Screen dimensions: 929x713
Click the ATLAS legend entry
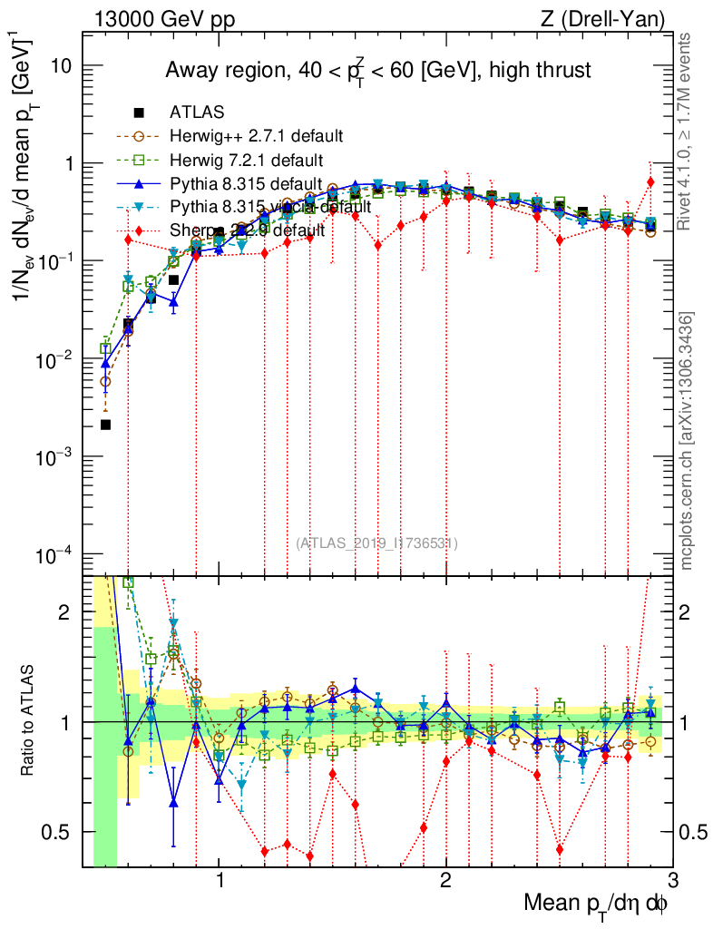198,113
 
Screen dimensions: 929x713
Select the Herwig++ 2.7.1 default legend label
256,137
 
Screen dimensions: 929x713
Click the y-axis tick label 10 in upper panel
61,67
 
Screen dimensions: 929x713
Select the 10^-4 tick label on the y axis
53,554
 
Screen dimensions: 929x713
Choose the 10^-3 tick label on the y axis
53,457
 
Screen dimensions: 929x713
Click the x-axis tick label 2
445,878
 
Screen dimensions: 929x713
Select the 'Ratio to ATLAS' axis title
33,721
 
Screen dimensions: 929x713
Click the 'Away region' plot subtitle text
377,71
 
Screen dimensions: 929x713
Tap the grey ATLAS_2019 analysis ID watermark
376,543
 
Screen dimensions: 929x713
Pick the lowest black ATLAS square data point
105,425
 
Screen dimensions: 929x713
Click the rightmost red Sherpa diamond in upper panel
650,181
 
